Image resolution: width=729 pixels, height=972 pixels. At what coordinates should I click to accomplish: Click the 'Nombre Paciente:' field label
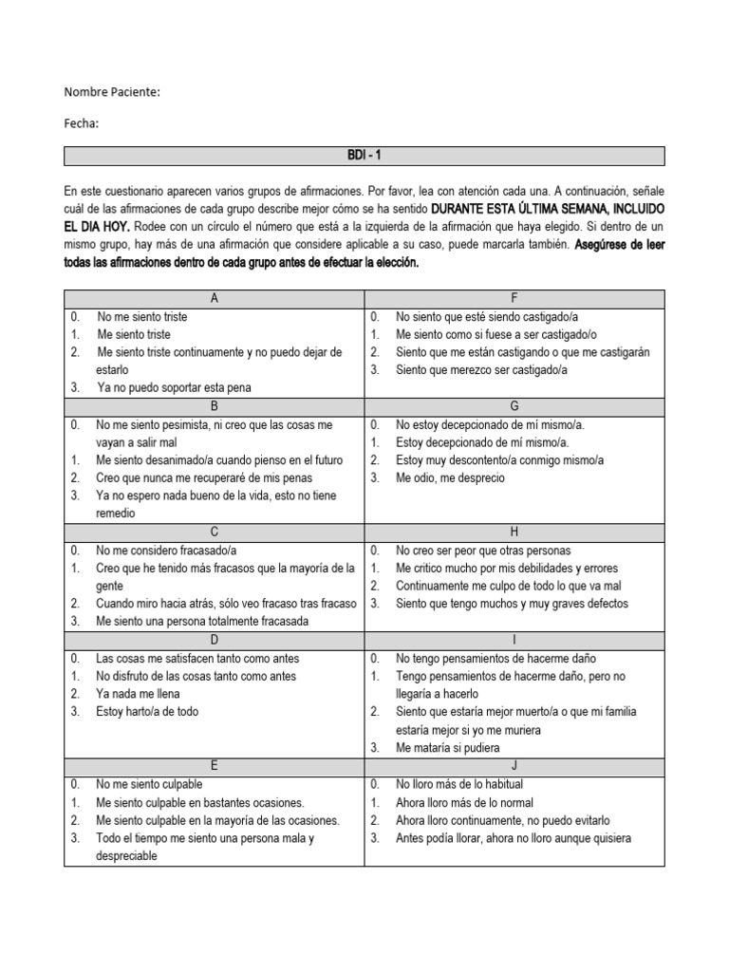(x=112, y=92)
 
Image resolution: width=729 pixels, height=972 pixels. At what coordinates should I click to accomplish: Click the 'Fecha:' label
(x=82, y=123)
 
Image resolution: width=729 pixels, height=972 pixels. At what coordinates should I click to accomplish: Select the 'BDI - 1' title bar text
(x=364, y=156)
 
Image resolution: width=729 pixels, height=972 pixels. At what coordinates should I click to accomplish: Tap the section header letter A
(x=215, y=299)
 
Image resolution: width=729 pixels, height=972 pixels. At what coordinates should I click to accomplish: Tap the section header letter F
(x=514, y=299)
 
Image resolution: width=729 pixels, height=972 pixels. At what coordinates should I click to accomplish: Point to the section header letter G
(x=514, y=406)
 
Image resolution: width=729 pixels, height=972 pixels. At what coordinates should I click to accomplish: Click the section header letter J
(x=514, y=766)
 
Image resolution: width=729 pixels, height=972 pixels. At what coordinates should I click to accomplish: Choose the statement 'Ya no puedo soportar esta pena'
(x=174, y=387)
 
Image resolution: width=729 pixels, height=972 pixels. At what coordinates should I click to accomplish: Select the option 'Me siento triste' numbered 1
(x=134, y=335)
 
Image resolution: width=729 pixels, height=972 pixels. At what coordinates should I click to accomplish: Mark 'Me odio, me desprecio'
(x=450, y=478)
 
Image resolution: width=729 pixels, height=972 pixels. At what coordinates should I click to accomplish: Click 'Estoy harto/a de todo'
(x=147, y=712)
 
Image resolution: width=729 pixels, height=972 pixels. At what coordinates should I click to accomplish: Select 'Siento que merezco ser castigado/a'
(x=481, y=370)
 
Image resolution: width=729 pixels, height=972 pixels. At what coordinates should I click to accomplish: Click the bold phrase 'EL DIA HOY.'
(x=98, y=226)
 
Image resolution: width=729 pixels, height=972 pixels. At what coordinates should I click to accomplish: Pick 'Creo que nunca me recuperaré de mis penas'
(x=203, y=478)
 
